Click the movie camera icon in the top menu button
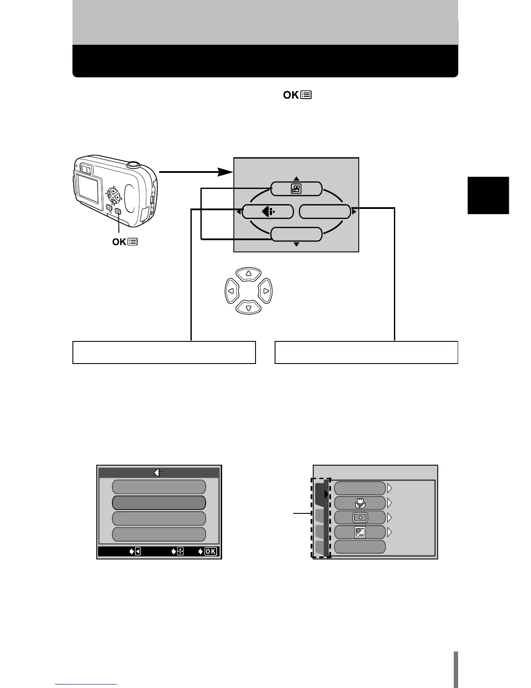coord(297,189)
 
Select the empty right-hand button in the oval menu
coord(325,212)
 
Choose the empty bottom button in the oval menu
coord(297,235)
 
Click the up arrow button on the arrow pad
coord(249,274)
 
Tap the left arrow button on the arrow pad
coord(231,291)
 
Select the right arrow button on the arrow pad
coord(266,291)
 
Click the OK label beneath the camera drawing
coord(125,242)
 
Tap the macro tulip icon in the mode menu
coord(360,503)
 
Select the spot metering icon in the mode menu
coord(360,518)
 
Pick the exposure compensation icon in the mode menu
coord(360,533)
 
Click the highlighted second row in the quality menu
coord(159,503)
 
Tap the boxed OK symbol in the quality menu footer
coord(210,552)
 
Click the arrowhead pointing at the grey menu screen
coord(225,172)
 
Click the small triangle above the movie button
coord(297,179)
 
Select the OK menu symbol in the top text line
coord(298,95)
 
